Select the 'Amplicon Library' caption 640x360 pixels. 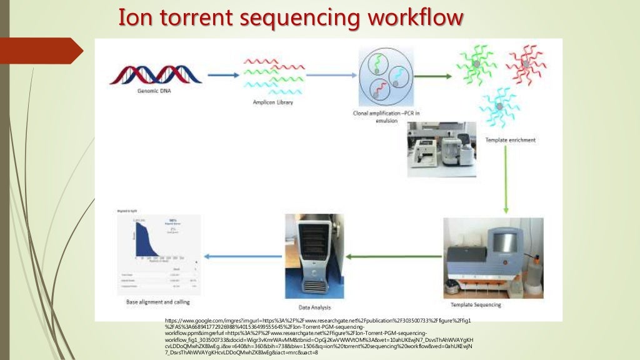tap(272, 102)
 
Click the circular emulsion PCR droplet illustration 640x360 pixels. tap(386, 78)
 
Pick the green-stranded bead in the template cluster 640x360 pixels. tap(476, 64)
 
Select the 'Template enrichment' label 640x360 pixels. tap(510, 140)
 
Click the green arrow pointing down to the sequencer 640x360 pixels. tap(506, 181)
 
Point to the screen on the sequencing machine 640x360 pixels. tap(504, 243)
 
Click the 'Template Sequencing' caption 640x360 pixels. tap(476, 305)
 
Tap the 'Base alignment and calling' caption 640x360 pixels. tap(159, 302)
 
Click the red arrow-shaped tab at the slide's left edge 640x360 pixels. tap(37, 51)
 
